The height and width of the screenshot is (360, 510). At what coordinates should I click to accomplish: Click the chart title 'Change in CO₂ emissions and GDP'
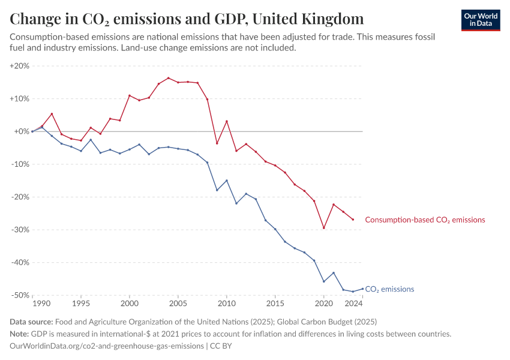click(186, 19)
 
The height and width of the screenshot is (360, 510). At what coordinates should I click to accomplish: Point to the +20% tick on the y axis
click(20, 66)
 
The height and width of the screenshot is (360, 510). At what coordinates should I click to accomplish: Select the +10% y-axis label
click(20, 98)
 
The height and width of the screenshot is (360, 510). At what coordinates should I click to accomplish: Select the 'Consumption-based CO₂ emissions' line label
click(425, 220)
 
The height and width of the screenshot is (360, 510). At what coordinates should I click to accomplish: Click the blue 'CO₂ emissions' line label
click(389, 289)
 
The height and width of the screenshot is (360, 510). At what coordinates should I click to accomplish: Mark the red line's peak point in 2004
click(168, 78)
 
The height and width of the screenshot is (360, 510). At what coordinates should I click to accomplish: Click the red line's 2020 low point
click(324, 228)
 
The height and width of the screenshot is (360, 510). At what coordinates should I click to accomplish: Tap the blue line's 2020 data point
click(324, 281)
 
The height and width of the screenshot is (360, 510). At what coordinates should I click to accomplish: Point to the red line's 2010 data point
click(227, 121)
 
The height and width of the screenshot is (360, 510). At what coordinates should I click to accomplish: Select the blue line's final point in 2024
click(362, 289)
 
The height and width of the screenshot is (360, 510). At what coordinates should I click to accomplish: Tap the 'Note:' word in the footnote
click(21, 334)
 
